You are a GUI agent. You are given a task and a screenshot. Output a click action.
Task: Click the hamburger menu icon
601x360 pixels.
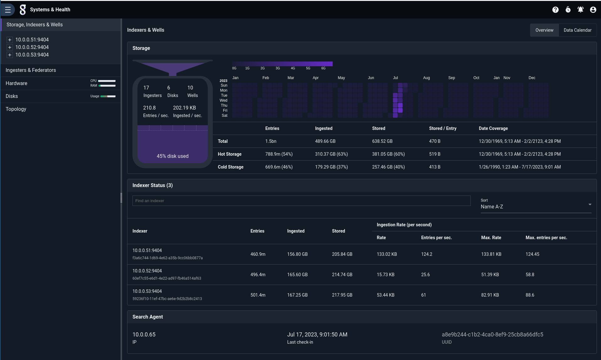coord(8,10)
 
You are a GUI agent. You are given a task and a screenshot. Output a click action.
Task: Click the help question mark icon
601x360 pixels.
coord(555,10)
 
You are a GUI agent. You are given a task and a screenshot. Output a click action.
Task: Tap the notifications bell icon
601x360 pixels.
coord(580,10)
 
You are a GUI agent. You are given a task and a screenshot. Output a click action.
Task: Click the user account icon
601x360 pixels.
coord(593,10)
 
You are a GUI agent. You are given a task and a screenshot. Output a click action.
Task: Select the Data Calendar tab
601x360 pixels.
coord(577,30)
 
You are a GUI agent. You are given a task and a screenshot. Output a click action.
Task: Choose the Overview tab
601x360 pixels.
coord(544,30)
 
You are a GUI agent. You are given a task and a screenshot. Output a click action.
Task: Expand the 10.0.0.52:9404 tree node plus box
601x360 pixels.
coord(10,47)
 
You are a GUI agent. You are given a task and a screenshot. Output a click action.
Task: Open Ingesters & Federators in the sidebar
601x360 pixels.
coord(31,70)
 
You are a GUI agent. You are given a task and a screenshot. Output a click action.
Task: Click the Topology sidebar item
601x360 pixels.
coord(16,109)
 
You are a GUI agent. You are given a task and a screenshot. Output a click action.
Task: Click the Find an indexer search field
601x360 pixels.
coord(301,201)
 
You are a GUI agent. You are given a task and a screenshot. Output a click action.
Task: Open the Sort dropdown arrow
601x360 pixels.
coord(590,205)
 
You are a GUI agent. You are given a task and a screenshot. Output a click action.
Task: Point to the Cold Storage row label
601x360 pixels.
coord(230,167)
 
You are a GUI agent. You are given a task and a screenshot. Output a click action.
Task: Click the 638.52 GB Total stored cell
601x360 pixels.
coord(382,141)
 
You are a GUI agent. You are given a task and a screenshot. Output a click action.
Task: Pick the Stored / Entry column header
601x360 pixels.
coord(443,128)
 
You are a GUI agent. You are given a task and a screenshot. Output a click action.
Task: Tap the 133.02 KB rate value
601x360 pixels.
coord(387,254)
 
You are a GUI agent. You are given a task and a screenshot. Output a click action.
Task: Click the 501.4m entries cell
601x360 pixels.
coord(258,295)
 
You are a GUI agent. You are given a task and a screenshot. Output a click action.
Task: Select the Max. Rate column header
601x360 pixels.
coord(491,238)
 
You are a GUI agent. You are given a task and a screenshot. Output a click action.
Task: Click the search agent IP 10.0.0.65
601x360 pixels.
coord(144,335)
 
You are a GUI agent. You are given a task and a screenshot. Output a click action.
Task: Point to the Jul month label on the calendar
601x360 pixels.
coord(395,78)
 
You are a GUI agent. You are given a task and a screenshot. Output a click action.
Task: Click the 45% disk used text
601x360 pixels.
coord(173,156)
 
